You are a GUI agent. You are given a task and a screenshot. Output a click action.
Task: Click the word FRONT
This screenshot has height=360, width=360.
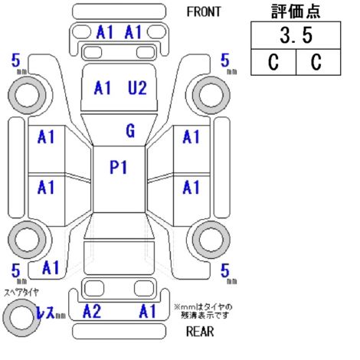pos(204,11)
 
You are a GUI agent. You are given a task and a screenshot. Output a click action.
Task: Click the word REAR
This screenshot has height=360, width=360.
pos(200,332)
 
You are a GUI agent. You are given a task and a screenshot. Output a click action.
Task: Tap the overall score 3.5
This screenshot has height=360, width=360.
pos(296,35)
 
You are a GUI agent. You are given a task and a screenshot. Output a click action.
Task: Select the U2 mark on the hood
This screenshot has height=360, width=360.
pos(137,88)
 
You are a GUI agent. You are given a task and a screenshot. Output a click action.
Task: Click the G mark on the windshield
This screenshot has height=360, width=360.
pos(130,131)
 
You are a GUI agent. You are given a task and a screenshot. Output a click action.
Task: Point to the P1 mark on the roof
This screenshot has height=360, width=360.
pos(118,168)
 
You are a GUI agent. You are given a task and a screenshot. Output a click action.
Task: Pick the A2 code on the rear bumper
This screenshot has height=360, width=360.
pos(92,311)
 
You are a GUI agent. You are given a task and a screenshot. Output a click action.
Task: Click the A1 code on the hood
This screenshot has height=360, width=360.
pos(103,88)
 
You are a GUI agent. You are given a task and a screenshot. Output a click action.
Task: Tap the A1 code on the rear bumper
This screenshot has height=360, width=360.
pos(147,311)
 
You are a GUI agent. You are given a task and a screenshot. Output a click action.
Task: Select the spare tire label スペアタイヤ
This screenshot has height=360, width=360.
pos(21,293)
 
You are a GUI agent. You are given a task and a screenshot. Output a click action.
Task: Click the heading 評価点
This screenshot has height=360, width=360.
pos(296,11)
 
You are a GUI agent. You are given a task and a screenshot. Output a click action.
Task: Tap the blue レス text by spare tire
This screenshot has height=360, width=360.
pos(45,312)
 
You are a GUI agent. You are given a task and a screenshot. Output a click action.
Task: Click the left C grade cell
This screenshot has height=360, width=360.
pos(273,62)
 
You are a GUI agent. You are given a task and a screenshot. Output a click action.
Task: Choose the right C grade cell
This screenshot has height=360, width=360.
pos(318,62)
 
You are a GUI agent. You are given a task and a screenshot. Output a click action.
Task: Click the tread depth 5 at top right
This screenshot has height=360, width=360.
pos(224,61)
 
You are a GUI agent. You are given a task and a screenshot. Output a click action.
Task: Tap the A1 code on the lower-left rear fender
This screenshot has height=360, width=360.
pos(51,267)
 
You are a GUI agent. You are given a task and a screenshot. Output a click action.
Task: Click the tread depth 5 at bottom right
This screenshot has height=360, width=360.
pos(224,270)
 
